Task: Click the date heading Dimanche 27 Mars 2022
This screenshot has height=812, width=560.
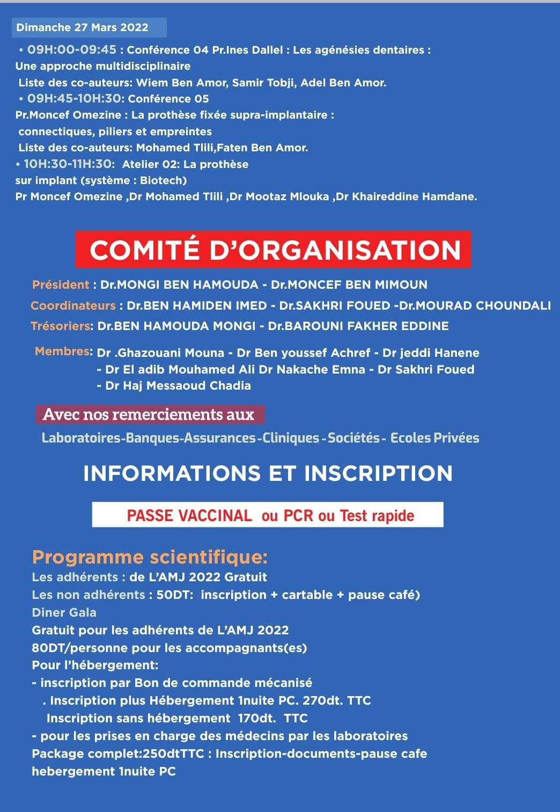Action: [82, 27]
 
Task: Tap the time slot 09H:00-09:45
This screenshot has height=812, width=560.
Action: [72, 50]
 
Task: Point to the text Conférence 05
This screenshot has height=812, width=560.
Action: [168, 99]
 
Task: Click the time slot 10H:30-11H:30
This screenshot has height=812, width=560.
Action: [69, 164]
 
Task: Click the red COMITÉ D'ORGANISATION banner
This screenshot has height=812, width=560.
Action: [273, 250]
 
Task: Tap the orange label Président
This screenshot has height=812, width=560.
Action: [61, 284]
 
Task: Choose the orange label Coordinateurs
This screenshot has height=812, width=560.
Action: [73, 305]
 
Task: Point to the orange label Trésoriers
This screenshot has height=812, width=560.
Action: [61, 326]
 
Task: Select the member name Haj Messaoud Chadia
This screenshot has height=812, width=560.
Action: [178, 385]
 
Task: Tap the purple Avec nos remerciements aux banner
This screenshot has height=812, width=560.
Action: [149, 414]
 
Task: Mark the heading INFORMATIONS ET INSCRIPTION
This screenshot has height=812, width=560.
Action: [268, 473]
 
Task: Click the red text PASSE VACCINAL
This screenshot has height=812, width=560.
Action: [189, 515]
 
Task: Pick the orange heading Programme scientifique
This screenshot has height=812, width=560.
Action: [150, 557]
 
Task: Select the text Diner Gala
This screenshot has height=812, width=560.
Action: [64, 612]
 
